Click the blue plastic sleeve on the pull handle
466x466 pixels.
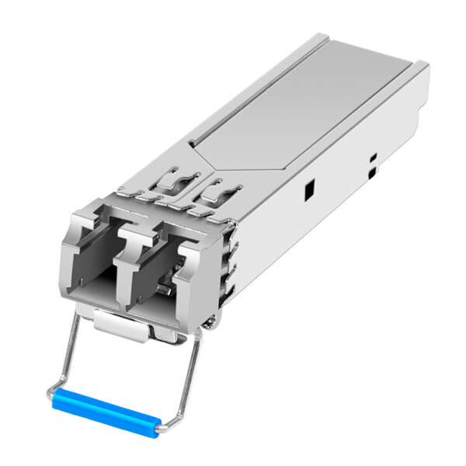pyautogui.click(x=106, y=410)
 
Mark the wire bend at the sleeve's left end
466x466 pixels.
pyautogui.click(x=52, y=396)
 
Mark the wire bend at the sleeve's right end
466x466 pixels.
pyautogui.click(x=160, y=426)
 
